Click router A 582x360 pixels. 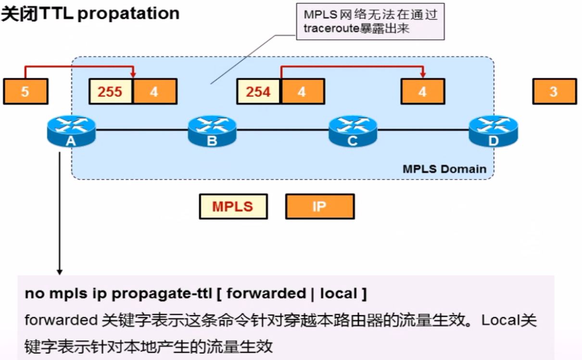pos(71,130)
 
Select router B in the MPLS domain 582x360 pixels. pos(212,130)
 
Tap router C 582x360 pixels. pos(353,130)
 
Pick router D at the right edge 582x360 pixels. pos(493,130)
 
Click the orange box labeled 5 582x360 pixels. pos(25,91)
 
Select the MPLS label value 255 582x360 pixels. pos(111,91)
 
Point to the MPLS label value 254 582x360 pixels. pos(258,91)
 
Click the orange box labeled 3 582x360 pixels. pos(554,91)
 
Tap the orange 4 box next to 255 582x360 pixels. pos(154,91)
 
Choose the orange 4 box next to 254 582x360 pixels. pos(302,91)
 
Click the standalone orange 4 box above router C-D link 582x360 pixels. pos(422,91)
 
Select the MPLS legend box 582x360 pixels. pos(233,206)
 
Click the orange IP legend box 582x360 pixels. pos(319,206)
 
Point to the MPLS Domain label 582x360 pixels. pos(444,169)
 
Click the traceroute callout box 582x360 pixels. pos(370,22)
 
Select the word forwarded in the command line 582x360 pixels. pos(266,294)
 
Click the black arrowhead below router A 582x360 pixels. pos(59,272)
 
